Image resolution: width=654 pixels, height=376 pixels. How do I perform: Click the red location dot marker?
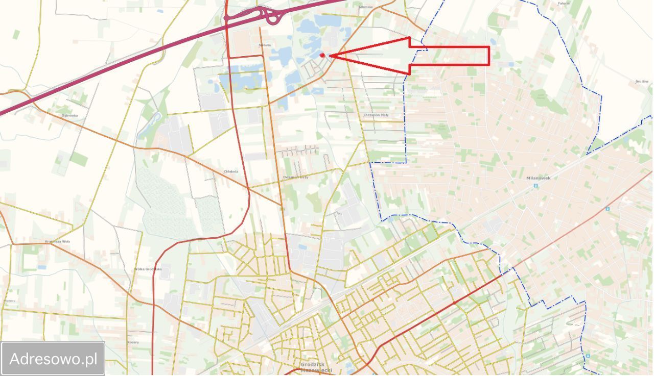tap(322, 55)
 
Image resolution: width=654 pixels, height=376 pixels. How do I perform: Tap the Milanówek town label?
tap(539, 178)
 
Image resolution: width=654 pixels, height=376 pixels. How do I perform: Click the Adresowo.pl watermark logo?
tap(53, 359)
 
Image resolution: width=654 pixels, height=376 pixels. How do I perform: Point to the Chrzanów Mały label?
tap(376, 115)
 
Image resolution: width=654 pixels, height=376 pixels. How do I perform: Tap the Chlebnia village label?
tap(231, 171)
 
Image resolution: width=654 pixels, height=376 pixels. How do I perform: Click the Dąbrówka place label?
tap(69, 116)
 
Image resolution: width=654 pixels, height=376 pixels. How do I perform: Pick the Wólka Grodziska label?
tap(148, 269)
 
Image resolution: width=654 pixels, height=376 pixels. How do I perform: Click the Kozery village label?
tap(133, 342)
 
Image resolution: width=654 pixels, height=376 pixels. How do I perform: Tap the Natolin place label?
tap(265, 45)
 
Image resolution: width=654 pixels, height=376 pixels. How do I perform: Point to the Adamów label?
tap(366, 7)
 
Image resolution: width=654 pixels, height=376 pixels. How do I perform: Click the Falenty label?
tap(564, 3)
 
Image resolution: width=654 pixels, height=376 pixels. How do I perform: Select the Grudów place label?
tap(642, 82)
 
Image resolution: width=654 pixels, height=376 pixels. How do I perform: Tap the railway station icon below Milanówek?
tap(535, 186)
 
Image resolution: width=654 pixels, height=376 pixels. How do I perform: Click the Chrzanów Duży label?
tap(295, 177)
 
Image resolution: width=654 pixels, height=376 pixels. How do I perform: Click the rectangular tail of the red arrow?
tap(450, 56)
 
